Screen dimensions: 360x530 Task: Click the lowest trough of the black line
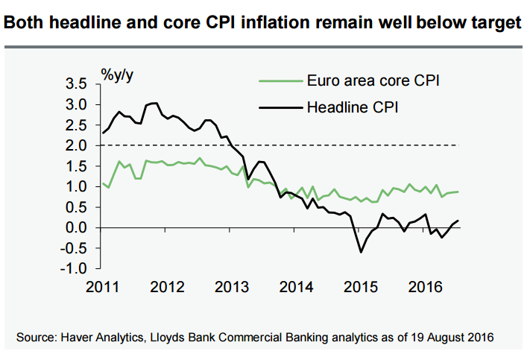click(362, 252)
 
